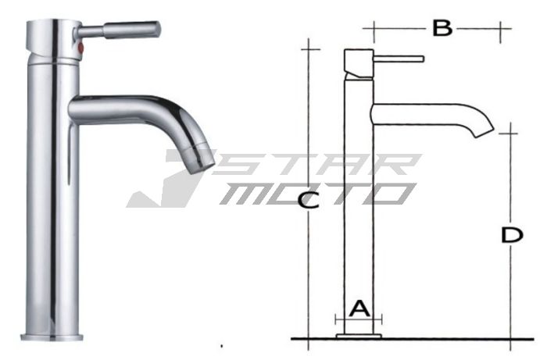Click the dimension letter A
click(358, 308)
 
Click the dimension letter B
click(442, 29)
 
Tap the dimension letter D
click(511, 235)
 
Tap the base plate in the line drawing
click(358, 337)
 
